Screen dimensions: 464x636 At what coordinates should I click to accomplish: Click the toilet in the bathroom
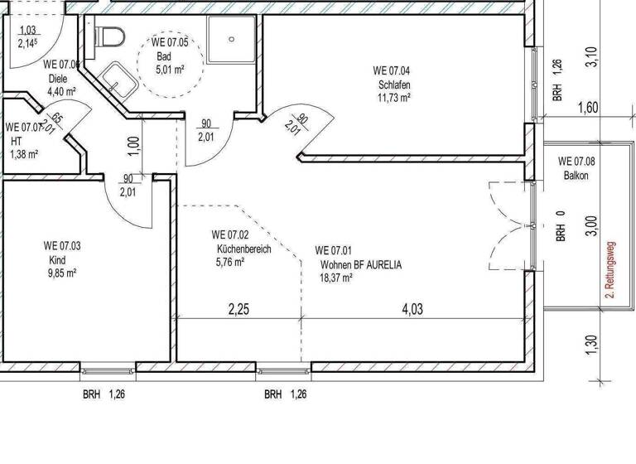(x=109, y=35)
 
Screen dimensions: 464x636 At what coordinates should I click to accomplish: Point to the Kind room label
(x=57, y=259)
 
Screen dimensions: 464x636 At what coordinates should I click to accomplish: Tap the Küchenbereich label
(x=243, y=249)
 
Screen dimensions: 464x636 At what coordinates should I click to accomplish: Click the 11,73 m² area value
(x=394, y=97)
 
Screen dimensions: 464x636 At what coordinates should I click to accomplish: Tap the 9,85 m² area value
(x=61, y=273)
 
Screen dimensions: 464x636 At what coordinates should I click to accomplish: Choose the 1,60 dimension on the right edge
(x=590, y=107)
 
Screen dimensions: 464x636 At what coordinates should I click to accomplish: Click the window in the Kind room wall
(x=108, y=369)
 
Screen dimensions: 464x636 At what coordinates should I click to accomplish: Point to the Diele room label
(x=56, y=80)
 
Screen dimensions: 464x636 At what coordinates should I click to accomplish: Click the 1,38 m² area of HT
(x=24, y=153)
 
